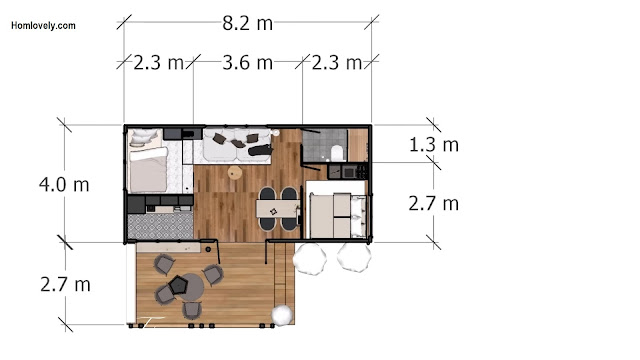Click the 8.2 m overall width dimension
coord(247,23)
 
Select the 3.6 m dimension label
coord(247,63)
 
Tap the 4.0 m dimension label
coord(64,184)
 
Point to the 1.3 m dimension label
coord(434,145)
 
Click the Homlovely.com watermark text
coord(43,26)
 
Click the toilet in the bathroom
coord(337,153)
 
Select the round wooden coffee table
coord(235,173)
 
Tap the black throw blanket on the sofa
coord(260,150)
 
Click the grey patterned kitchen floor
coord(160,226)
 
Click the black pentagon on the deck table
coord(178,285)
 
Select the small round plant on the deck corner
coord(282,315)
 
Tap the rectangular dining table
coord(278,209)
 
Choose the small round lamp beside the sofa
coord(276,133)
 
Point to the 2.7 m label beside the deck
coord(65,284)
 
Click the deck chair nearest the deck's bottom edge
coord(191,310)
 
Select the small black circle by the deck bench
coord(208,249)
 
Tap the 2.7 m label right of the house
coord(434,204)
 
